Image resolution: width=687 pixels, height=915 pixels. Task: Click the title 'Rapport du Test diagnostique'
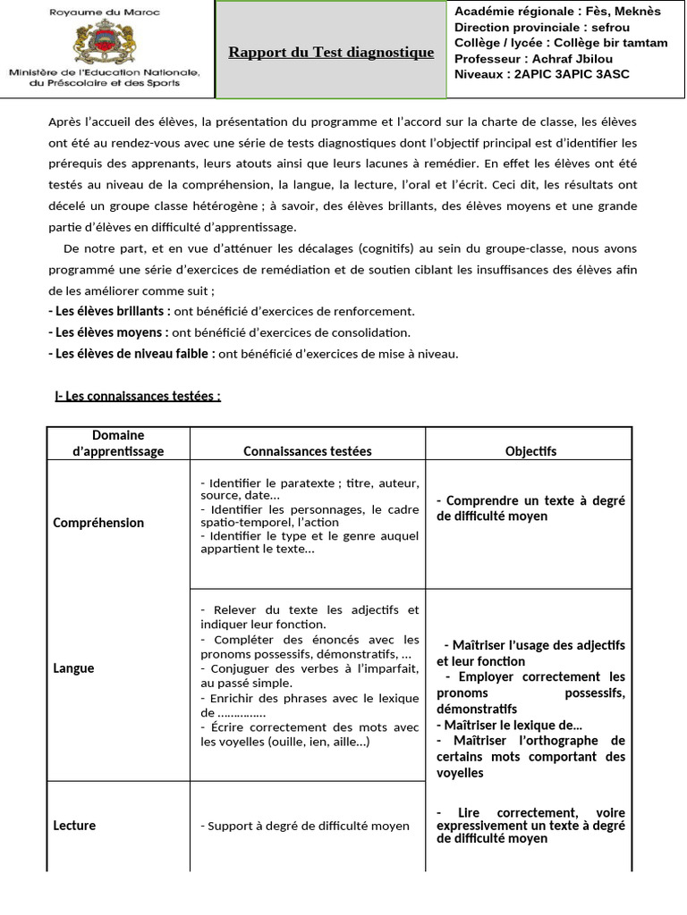(331, 52)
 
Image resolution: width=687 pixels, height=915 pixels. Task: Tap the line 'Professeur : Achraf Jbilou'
(533, 58)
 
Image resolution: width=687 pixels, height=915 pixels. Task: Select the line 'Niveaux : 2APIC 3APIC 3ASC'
(541, 74)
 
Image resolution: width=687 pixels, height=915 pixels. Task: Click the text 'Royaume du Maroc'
(106, 12)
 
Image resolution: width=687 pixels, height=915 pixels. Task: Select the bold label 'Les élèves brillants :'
(109, 311)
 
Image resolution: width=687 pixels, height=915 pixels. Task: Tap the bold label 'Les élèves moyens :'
(108, 332)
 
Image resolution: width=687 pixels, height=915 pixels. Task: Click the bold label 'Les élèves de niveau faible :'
(131, 353)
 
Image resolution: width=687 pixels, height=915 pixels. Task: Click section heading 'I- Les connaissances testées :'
(138, 396)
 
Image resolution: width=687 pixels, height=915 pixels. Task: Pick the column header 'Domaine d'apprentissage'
(118, 443)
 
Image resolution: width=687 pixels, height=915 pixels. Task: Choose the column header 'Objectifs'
(530, 451)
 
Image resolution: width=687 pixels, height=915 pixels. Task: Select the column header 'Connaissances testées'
(307, 451)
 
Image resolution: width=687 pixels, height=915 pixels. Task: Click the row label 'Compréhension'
(98, 523)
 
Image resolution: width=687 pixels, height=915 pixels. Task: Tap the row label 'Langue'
(73, 668)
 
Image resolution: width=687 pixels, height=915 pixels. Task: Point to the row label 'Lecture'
(74, 826)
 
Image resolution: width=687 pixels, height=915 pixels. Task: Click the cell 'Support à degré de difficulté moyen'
(305, 827)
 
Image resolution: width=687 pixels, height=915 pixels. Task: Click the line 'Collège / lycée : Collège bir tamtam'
(561, 42)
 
